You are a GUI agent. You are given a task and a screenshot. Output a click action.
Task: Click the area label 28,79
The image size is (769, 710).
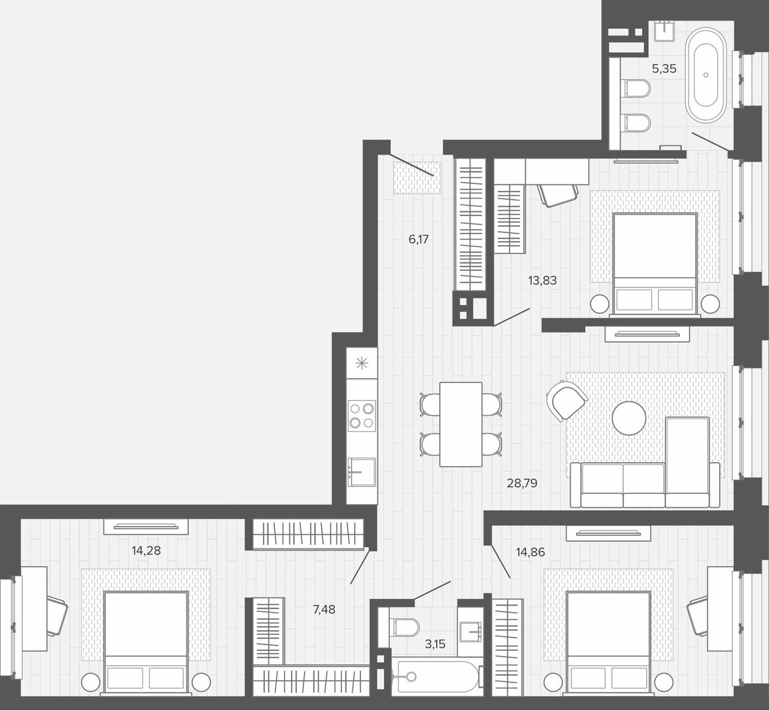coord(522,483)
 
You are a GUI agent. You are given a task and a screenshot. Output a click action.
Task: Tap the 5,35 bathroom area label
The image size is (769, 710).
coord(664,69)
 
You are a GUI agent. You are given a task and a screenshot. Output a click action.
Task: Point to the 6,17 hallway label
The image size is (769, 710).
coord(419,239)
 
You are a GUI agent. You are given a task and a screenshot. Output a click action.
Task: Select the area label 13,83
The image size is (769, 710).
coord(543,280)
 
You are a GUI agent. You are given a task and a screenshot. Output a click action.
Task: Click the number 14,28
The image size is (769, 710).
coord(146,550)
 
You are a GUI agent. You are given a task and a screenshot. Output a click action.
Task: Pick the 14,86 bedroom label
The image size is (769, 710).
coord(530,552)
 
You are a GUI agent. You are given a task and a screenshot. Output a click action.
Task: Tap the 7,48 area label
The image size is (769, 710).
coord(324,609)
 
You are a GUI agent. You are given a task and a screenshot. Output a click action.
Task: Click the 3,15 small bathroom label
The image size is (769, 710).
coord(435,644)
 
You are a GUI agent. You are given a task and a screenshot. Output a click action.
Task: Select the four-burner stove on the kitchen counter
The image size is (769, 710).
coord(362,416)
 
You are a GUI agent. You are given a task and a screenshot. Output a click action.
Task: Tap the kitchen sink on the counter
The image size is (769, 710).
coord(362,472)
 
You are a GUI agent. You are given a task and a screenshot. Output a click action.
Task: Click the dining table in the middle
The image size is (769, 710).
coord(461,424)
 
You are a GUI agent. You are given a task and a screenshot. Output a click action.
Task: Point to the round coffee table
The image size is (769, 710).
coord(629,418)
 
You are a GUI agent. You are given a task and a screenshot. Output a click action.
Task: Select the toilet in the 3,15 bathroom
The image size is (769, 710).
coord(404,627)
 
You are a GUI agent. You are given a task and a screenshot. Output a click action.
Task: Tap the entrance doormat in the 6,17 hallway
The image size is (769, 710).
coord(417,178)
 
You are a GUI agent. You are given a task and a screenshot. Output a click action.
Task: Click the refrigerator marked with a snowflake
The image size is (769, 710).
coord(362,363)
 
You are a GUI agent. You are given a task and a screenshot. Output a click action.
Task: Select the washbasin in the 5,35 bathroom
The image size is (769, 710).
coord(665,31)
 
